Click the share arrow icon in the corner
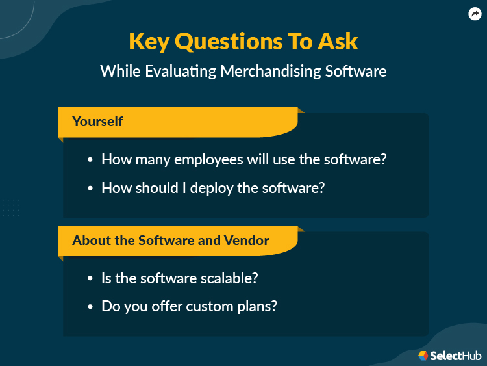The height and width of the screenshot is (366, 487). [x=475, y=14]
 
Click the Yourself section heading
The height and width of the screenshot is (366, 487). [x=97, y=122]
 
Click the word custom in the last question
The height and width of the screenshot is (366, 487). [x=210, y=306]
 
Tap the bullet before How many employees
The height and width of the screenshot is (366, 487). [x=90, y=160]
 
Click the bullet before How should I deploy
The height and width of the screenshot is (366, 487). [x=90, y=189]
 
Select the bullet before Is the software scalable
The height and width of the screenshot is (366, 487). [x=90, y=278]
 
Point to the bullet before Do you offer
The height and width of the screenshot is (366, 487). [x=90, y=306]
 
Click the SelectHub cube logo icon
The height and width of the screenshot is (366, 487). [x=423, y=355]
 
